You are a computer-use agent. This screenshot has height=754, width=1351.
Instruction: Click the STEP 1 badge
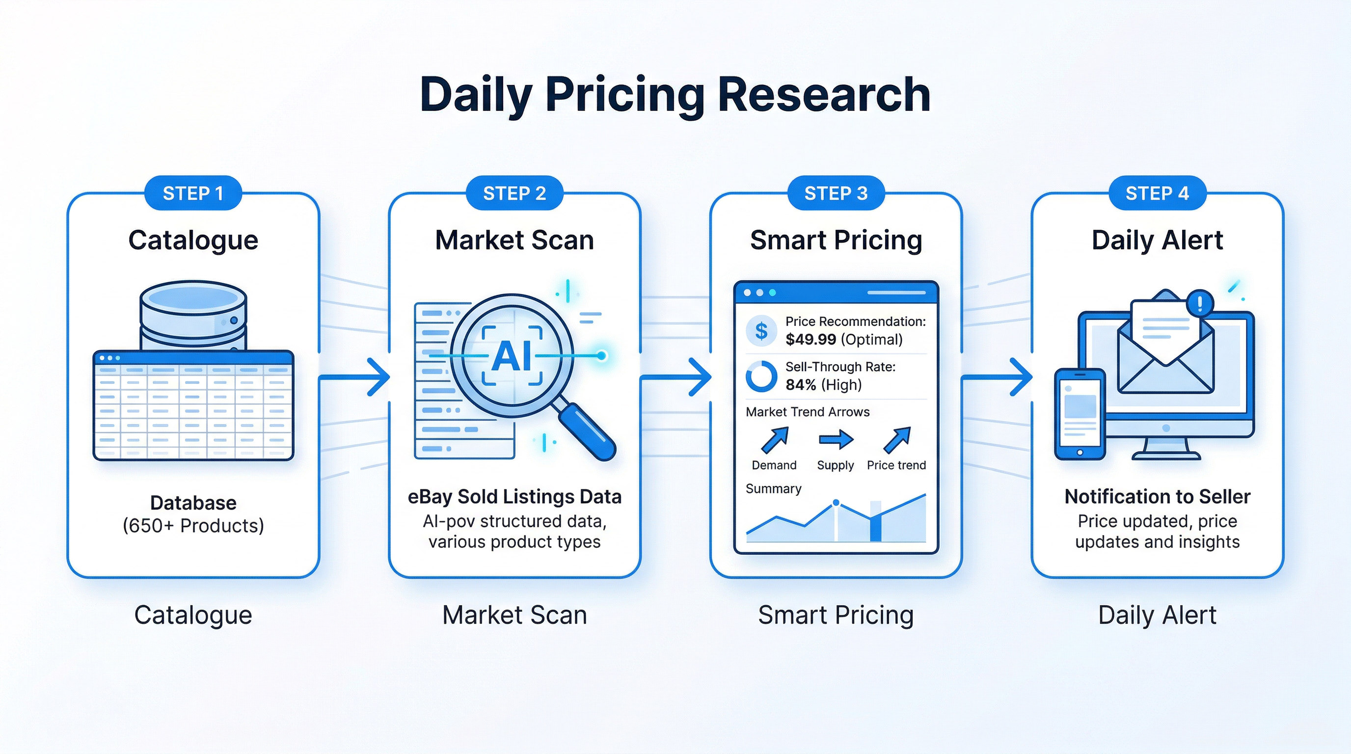(x=193, y=193)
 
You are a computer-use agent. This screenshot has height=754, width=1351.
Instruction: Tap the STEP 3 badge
(x=836, y=193)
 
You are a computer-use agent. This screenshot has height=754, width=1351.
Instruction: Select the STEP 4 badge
(x=1157, y=193)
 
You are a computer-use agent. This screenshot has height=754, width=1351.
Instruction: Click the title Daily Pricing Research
(x=675, y=95)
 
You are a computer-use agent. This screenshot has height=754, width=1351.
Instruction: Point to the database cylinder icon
(x=193, y=315)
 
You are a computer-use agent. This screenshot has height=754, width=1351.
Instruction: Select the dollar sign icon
(x=761, y=331)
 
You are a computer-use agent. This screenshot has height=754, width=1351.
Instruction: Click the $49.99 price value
(x=811, y=340)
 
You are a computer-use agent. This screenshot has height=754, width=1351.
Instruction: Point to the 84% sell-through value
(x=800, y=385)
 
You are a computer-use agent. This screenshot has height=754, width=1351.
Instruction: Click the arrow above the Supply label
(x=836, y=439)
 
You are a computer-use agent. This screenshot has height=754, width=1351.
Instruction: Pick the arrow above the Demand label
(x=775, y=439)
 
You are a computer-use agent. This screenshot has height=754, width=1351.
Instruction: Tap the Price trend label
(x=896, y=465)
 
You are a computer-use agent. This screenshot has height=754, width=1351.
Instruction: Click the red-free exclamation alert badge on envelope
(x=1199, y=302)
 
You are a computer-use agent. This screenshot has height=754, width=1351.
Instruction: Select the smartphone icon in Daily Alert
(x=1080, y=414)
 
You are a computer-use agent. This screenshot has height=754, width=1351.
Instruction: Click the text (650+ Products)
(x=193, y=525)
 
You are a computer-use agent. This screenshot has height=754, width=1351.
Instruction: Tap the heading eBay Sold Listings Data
(x=514, y=497)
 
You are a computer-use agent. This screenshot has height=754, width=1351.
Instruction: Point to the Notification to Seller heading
(x=1157, y=497)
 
